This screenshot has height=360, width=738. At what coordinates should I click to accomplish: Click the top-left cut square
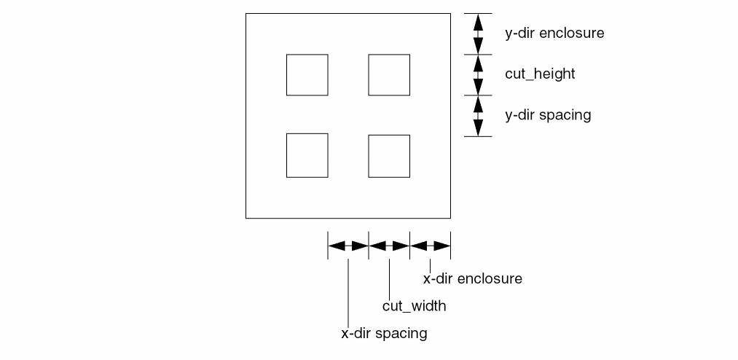tap(307, 74)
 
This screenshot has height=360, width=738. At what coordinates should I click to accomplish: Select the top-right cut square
tap(389, 74)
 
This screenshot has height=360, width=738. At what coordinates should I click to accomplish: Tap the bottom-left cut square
tap(307, 156)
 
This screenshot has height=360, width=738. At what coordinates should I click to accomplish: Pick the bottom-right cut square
tap(389, 156)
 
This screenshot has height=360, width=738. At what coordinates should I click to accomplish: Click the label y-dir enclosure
tap(554, 34)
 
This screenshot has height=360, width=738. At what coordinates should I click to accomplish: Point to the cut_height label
tap(540, 74)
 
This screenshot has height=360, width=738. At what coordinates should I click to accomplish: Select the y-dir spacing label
tap(548, 115)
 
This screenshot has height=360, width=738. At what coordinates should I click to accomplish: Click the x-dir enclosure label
tap(473, 278)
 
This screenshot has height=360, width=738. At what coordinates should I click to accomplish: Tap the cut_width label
tap(414, 306)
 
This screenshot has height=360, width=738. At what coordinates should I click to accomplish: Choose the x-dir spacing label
tap(384, 334)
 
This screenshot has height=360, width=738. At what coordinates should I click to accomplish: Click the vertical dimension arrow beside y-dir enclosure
tap(478, 34)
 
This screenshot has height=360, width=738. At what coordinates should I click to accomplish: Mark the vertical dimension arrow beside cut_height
tap(478, 74)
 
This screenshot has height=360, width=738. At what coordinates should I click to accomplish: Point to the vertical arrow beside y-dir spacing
tap(478, 116)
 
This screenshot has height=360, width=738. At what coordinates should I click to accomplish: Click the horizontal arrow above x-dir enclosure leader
tap(431, 246)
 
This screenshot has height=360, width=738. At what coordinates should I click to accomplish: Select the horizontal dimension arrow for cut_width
tap(390, 246)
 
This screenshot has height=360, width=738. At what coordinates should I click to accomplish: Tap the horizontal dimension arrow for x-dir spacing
tap(348, 246)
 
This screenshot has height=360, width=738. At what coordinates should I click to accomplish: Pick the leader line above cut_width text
tap(390, 274)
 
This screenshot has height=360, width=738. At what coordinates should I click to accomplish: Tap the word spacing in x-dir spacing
tap(401, 334)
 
